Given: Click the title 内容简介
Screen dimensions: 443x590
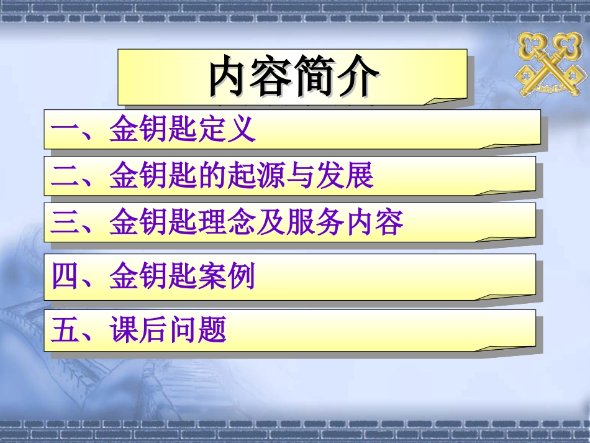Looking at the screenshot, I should click(292, 77).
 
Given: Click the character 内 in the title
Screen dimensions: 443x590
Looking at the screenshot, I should click(228, 77).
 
